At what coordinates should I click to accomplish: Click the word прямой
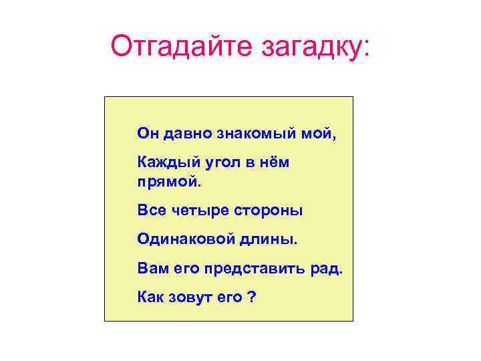pyautogui.click(x=166, y=181)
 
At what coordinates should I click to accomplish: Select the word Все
pyautogui.click(x=150, y=211)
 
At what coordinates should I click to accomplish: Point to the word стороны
pyautogui.click(x=268, y=211)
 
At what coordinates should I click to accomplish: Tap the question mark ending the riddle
pyautogui.click(x=251, y=297)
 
